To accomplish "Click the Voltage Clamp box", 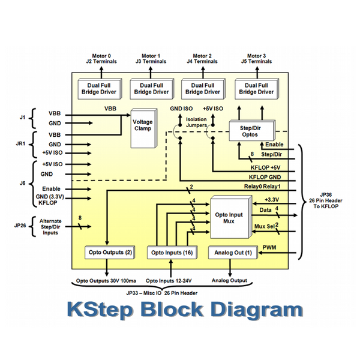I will click(x=143, y=125).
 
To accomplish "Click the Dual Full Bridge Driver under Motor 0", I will click(x=100, y=89).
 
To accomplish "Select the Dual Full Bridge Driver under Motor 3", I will click(x=256, y=89).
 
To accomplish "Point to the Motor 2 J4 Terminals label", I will click(x=202, y=58).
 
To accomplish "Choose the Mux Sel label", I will click(x=264, y=227).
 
